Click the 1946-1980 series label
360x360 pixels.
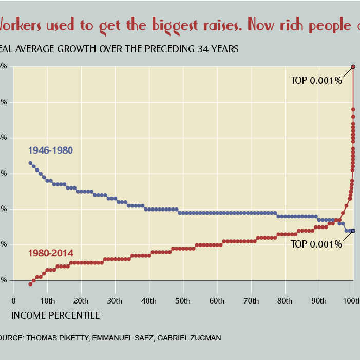click(50, 151)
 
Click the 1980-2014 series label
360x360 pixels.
click(50, 253)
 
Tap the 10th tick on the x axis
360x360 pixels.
click(47, 300)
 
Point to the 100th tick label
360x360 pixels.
click(351, 300)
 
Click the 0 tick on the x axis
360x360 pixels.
click(13, 300)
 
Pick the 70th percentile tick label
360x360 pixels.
click(251, 300)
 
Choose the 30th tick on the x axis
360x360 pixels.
click(115, 300)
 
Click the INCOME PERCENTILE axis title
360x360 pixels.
click(55, 315)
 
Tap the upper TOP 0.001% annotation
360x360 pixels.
click(316, 81)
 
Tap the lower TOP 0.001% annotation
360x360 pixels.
click(316, 244)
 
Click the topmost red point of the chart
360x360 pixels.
click(353, 66)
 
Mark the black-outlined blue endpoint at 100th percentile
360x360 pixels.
click(353, 231)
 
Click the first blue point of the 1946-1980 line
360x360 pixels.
click(30, 163)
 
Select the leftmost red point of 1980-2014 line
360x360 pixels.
click(30, 284)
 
